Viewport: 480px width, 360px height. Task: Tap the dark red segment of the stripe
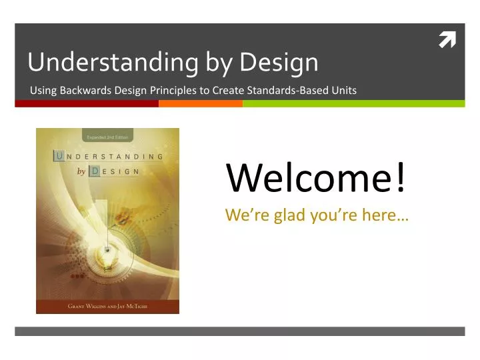coord(87,104)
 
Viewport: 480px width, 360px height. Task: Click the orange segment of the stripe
coord(201,104)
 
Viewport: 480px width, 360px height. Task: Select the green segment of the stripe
coord(353,104)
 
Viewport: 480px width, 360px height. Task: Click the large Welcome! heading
coord(316,177)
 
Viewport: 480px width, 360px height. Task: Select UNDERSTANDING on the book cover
coord(108,157)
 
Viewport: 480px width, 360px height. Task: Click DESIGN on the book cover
coord(115,171)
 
